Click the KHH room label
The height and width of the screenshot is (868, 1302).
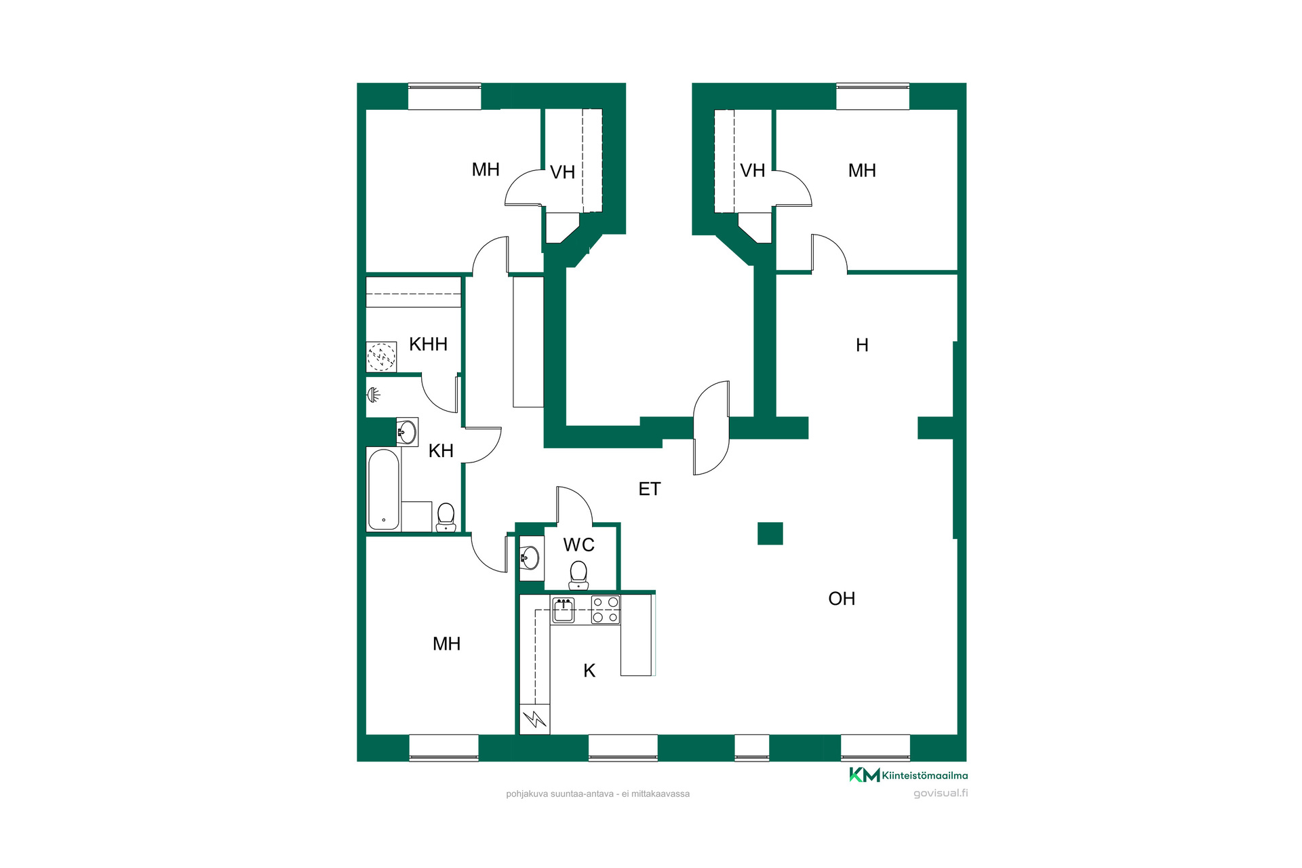428,344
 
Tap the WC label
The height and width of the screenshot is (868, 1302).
578,545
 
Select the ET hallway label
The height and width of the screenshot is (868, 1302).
649,489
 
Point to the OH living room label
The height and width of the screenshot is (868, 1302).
842,599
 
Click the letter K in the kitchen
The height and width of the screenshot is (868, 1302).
589,671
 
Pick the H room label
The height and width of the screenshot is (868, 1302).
862,345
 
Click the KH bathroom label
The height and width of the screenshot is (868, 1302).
441,451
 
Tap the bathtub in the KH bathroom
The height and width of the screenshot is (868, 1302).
384,489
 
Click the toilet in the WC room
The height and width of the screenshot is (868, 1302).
578,575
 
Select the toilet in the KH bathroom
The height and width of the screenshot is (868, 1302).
446,517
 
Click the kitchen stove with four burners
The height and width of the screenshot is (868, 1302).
606,609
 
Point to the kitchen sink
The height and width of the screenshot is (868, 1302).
564,610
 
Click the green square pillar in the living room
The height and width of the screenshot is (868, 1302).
770,534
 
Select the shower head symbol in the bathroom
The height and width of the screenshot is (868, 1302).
374,394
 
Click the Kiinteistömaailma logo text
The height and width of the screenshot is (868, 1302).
925,776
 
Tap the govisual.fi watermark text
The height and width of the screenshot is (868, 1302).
941,793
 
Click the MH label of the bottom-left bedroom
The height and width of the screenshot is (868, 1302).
446,644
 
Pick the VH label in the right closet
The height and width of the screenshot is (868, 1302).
753,170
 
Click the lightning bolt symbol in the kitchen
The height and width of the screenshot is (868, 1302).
535,719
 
